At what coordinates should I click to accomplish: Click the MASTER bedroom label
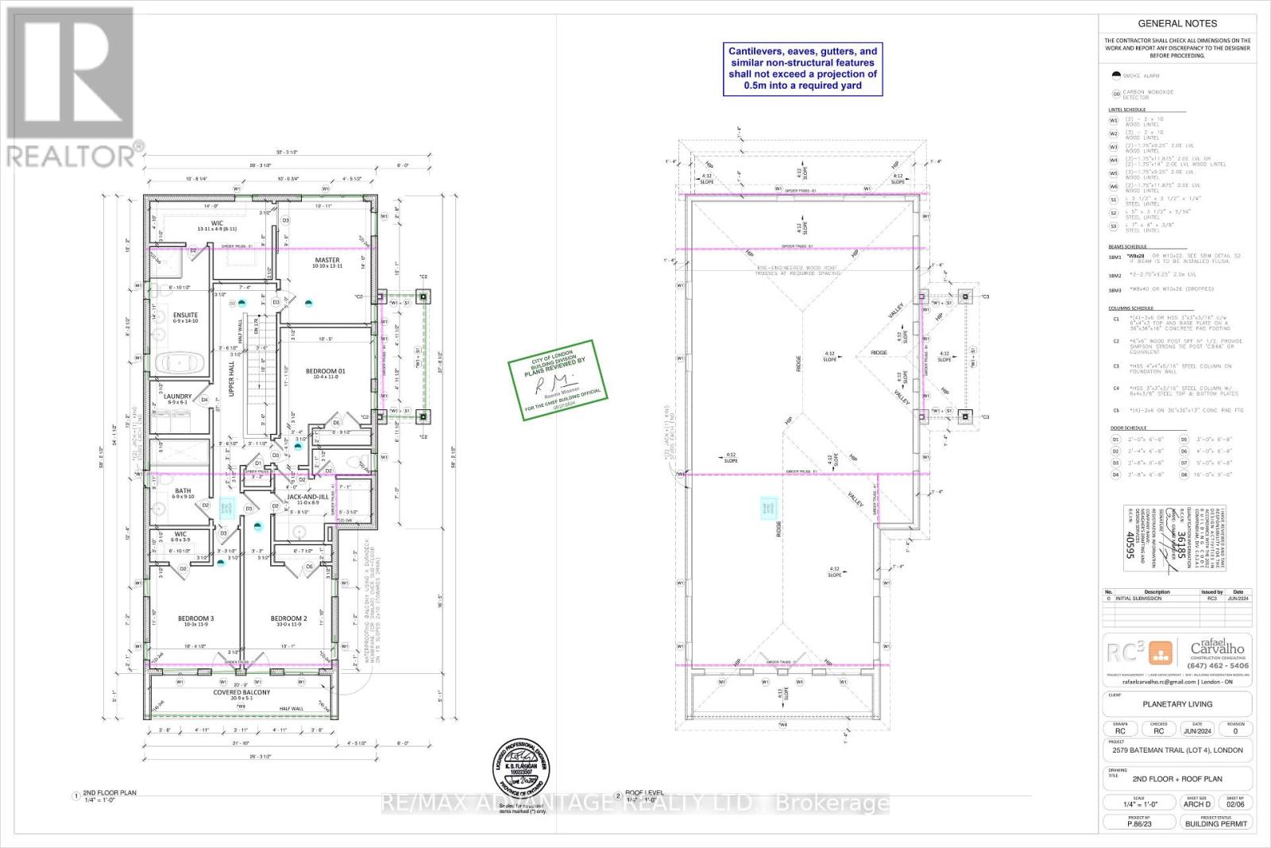point(326,260)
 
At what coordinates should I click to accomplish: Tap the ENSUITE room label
point(185,316)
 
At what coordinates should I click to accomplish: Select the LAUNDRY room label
point(177,396)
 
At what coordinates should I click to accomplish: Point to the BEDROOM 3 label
point(195,618)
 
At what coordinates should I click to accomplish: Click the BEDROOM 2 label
point(288,618)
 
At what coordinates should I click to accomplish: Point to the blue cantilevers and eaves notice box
point(802,68)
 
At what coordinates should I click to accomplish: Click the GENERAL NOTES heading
point(1177,24)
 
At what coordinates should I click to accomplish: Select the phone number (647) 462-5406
point(1218,665)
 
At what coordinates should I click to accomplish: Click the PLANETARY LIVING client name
point(1177,704)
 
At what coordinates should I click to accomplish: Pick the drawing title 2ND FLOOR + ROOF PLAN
point(1177,779)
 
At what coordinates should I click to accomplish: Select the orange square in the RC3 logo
point(1162,654)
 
